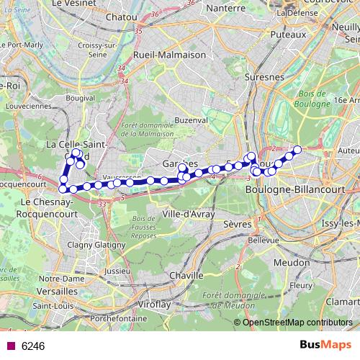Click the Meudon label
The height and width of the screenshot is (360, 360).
point(308,264)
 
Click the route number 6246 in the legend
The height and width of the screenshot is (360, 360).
point(33,346)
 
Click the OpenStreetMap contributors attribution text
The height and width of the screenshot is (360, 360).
point(297,322)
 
